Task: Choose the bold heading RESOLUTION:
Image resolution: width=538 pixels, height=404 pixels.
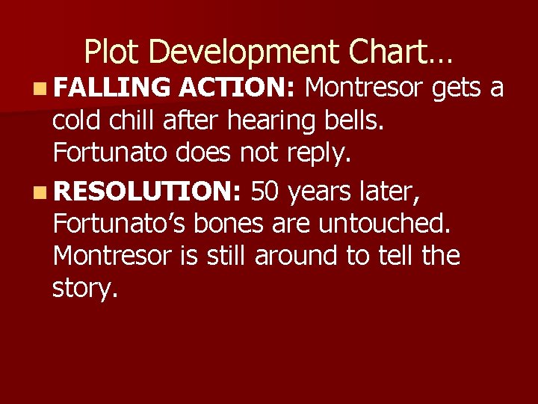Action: tap(147, 192)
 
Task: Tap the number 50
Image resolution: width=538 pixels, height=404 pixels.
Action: tap(266, 192)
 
